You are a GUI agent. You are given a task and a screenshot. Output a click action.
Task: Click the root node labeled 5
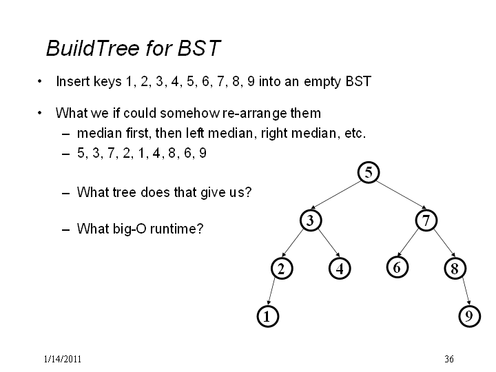click(369, 172)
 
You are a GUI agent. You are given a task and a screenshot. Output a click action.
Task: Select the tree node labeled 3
click(311, 220)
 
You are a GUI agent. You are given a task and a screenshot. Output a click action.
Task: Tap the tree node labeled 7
click(426, 220)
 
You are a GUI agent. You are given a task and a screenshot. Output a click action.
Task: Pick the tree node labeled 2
click(282, 269)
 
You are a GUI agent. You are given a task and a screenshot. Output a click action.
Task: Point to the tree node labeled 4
click(340, 269)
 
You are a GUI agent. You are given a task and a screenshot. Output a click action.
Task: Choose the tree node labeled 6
click(397, 267)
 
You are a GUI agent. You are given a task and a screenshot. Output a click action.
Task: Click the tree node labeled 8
click(455, 269)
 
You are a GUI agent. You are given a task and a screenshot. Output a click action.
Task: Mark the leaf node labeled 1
click(267, 316)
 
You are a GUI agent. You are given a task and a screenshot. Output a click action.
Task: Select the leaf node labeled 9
click(470, 316)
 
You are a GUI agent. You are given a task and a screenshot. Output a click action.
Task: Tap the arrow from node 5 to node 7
click(402, 195)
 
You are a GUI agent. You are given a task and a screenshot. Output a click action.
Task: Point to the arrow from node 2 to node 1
click(271, 291)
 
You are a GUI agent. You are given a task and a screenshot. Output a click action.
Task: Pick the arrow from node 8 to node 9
click(466, 291)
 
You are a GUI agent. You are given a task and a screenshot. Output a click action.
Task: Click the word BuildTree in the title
click(93, 48)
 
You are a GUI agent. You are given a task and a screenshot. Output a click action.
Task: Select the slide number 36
click(449, 359)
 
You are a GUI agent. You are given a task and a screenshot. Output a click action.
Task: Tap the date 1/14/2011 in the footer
click(63, 359)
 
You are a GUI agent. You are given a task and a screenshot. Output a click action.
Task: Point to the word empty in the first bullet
click(322, 81)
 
